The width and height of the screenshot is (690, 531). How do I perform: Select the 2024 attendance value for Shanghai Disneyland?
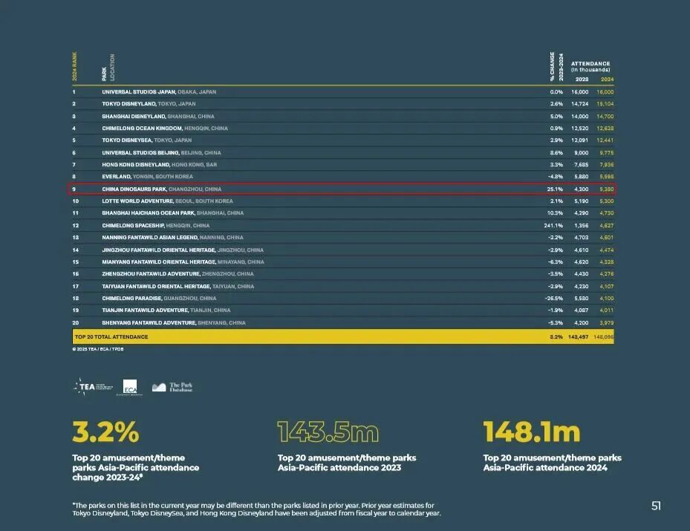605,117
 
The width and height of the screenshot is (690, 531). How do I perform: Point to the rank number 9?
74,189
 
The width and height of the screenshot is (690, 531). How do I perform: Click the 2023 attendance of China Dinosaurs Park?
579,189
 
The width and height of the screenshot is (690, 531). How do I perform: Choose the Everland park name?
117,177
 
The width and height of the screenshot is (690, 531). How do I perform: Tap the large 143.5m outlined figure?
328,431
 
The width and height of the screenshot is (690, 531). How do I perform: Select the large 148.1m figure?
531,431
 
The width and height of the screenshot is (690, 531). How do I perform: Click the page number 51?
656,506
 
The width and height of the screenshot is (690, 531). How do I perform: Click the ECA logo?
130,387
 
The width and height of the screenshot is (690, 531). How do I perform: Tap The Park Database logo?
172,387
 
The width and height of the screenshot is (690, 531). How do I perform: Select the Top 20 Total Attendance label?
111,337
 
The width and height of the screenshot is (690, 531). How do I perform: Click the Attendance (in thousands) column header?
590,67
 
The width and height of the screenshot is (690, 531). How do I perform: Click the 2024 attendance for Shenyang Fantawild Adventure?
606,322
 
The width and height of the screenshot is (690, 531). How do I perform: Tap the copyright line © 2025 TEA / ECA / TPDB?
98,349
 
